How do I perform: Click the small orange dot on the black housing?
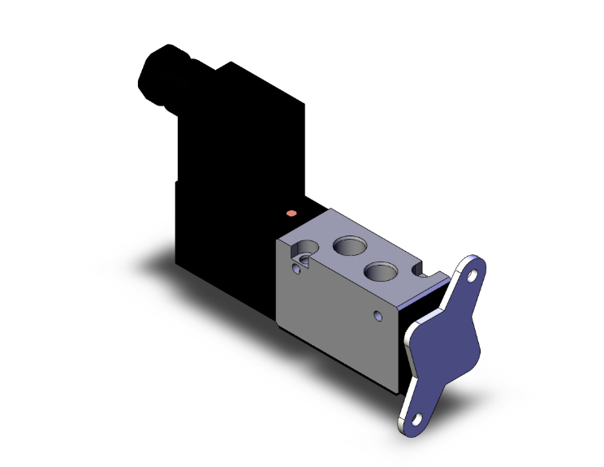pyautogui.click(x=291, y=214)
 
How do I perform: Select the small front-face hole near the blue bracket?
pyautogui.click(x=377, y=313)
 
